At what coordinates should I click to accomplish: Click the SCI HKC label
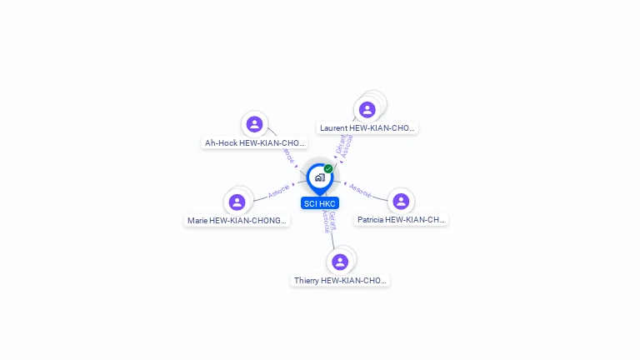(320, 203)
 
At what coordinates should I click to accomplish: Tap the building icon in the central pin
(319, 177)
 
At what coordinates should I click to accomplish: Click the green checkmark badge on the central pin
(328, 169)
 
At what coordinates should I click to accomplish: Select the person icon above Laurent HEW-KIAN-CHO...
(367, 109)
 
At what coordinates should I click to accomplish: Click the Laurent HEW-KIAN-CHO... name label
(367, 128)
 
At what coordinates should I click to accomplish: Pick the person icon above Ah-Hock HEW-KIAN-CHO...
(255, 124)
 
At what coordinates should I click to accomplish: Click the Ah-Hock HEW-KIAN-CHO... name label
(255, 143)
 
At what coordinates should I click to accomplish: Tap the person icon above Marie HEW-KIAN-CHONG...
(237, 202)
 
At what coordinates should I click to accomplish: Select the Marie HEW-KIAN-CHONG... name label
(237, 221)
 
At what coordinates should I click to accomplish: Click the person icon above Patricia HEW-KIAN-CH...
(401, 201)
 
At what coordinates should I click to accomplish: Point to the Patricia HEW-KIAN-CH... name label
(401, 220)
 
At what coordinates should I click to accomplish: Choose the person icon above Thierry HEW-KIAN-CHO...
(339, 262)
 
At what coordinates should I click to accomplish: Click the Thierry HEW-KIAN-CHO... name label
(340, 281)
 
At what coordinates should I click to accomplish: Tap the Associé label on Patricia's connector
(360, 190)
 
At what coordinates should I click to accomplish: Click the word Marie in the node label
(197, 221)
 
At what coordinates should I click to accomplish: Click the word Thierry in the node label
(307, 281)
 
